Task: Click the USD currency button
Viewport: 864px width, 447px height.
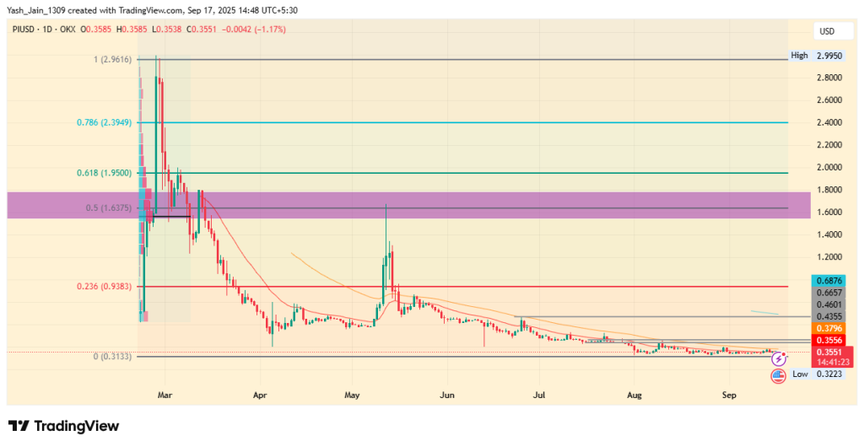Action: coord(827,31)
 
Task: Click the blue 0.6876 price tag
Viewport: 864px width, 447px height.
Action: coord(829,280)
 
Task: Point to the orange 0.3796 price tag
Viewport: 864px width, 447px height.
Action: coord(829,327)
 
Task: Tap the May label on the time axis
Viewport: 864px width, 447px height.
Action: coord(353,394)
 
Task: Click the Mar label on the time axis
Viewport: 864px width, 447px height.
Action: coord(165,394)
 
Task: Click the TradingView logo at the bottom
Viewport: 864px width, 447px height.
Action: coord(63,426)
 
